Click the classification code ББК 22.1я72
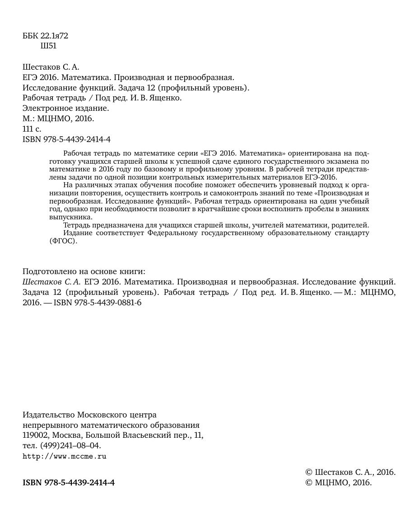[x=45, y=36]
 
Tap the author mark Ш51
[x=48, y=46]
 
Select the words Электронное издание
[x=65, y=108]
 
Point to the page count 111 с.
[x=32, y=129]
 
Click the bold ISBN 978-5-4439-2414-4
[x=69, y=483]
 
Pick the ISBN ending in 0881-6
[x=98, y=303]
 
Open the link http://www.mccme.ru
[x=64, y=456]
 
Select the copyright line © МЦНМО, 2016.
[x=338, y=483]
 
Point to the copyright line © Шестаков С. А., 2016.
[x=350, y=472]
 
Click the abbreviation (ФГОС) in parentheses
[x=63, y=241]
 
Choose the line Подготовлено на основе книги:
[x=84, y=271]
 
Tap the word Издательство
[x=49, y=415]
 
